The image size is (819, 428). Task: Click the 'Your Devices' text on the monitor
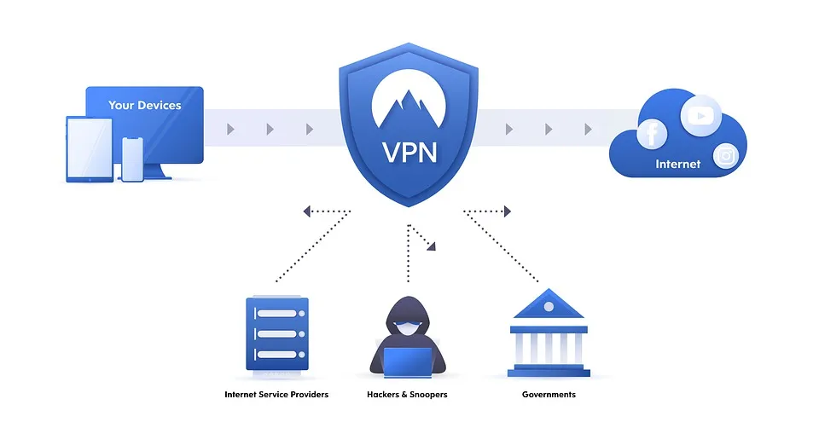[x=144, y=106]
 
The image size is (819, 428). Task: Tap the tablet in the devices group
[x=90, y=148]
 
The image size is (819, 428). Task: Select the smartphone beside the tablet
[x=132, y=159]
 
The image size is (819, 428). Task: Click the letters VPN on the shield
[x=409, y=153]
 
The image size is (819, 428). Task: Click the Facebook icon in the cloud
[x=653, y=134]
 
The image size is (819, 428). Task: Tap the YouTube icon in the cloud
[x=700, y=114]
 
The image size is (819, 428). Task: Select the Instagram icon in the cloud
[x=726, y=156]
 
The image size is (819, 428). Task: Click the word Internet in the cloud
[x=677, y=164]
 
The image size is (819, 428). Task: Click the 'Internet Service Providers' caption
[x=276, y=395]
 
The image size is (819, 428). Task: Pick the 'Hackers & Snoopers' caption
[x=407, y=395]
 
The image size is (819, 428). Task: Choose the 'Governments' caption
[x=549, y=395]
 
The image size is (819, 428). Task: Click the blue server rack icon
[x=276, y=333]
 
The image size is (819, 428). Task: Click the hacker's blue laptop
[x=407, y=361]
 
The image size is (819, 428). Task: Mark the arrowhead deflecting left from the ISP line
[x=306, y=211]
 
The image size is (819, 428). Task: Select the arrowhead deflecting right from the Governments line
[x=507, y=211]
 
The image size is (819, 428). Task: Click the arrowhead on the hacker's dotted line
[x=432, y=246]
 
